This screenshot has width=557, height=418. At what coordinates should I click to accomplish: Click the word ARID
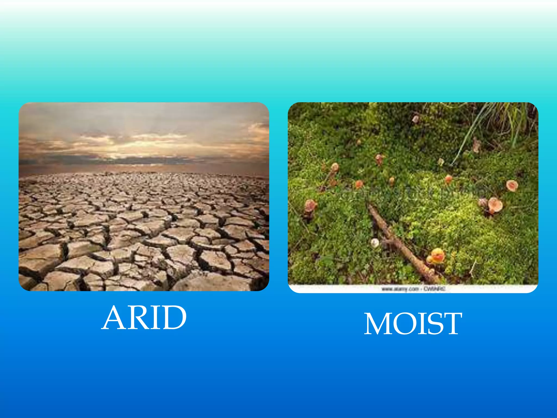click(144, 317)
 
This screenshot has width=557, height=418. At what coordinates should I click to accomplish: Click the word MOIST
click(413, 324)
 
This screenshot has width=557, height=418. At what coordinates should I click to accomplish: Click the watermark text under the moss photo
click(413, 289)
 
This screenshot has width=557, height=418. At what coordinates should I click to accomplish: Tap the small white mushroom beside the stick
click(375, 242)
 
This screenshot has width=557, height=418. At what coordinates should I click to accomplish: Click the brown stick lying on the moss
click(400, 242)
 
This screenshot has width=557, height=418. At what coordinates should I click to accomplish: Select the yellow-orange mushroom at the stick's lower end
click(437, 256)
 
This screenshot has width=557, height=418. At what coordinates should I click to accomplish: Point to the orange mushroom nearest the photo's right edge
click(512, 186)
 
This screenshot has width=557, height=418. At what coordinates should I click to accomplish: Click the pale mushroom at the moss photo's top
click(415, 119)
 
